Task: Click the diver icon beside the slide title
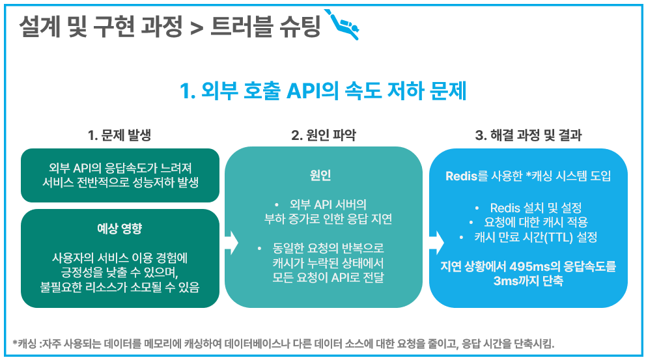(x=344, y=25)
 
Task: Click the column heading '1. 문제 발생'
(x=119, y=135)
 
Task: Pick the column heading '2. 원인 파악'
(x=324, y=135)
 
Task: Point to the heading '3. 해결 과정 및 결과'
(x=528, y=135)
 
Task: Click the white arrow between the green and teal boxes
(x=231, y=242)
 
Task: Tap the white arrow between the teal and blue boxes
(x=436, y=242)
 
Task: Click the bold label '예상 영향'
(x=120, y=228)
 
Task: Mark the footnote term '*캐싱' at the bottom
(x=25, y=344)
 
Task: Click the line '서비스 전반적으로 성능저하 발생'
(x=120, y=182)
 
